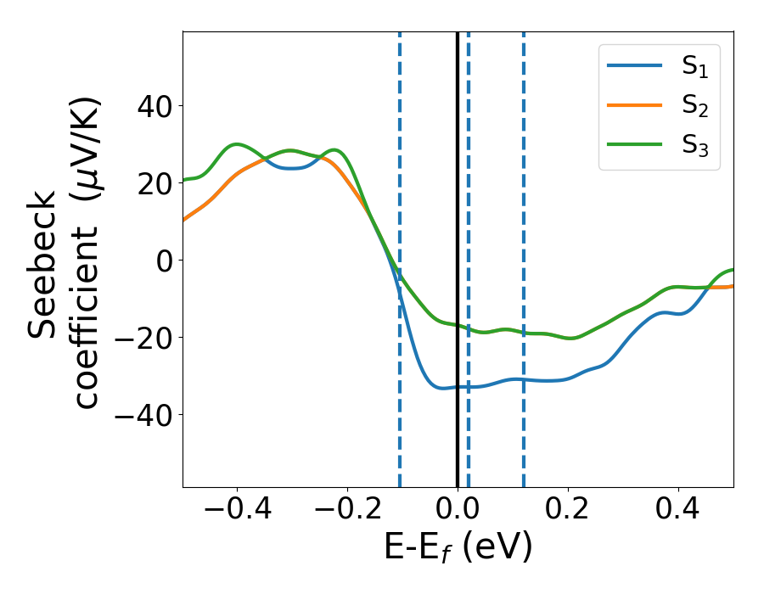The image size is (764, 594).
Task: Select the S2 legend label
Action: [694, 107]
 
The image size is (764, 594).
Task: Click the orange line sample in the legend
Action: [634, 106]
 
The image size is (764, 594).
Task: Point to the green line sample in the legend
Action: [634, 144]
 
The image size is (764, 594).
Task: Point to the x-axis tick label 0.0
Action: [458, 512]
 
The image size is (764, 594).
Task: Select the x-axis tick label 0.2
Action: [568, 512]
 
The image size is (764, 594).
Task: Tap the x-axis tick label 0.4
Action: [678, 512]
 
